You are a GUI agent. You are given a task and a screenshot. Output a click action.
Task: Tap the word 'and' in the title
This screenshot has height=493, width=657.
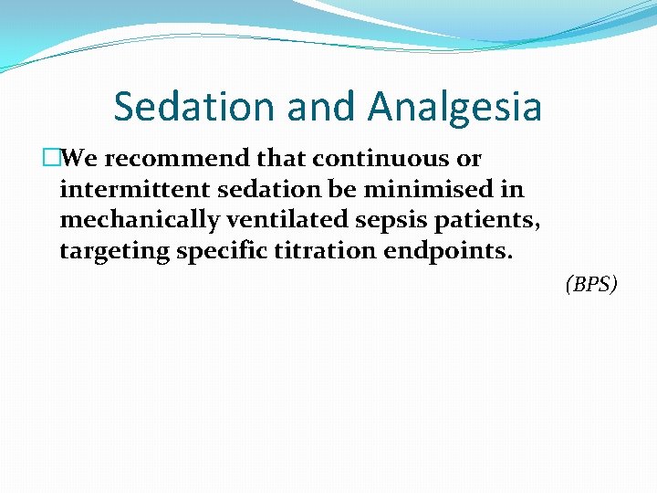coord(326,107)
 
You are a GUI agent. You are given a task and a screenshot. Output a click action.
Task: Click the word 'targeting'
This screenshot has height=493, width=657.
coord(114,252)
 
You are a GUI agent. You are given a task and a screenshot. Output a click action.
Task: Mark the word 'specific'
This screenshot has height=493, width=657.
coord(219,252)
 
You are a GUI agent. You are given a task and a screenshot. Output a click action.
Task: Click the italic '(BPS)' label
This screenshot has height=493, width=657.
coord(591,285)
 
